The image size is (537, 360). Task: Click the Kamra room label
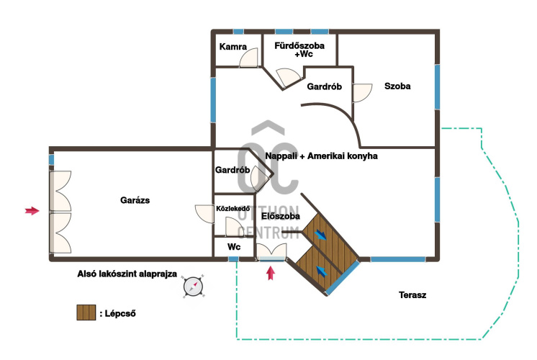click(233, 47)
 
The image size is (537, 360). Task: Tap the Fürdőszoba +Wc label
click(299, 50)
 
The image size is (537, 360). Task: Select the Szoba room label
click(397, 86)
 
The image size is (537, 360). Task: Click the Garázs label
click(135, 200)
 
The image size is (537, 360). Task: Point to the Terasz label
click(412, 295)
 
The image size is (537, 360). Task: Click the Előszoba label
click(281, 216)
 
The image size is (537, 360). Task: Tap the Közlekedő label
click(233, 209)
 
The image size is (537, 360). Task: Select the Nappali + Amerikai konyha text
click(321, 156)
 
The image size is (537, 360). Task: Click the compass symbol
click(193, 287)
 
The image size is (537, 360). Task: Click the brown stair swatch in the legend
click(86, 312)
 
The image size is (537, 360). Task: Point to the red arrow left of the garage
click(32, 211)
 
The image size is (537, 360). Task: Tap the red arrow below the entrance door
click(271, 274)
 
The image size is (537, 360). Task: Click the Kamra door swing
click(248, 58)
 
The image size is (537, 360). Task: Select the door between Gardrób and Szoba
click(363, 93)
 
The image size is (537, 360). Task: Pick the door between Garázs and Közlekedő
click(204, 214)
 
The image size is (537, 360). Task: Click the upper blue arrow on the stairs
click(320, 235)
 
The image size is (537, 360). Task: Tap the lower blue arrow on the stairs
click(321, 271)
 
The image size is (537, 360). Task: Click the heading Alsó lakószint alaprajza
click(127, 274)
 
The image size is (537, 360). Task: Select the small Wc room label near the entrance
click(234, 247)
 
